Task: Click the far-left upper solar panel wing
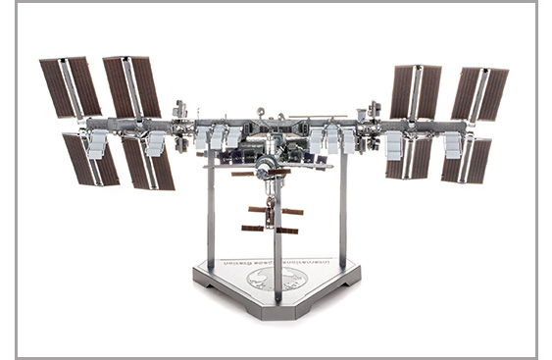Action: click(x=70, y=87)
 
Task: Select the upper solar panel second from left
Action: click(x=132, y=86)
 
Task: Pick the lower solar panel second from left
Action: click(x=148, y=162)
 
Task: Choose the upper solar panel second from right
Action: click(x=416, y=92)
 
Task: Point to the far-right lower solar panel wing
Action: click(x=465, y=160)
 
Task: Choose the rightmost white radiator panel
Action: click(x=452, y=145)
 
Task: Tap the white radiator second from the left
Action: click(x=155, y=144)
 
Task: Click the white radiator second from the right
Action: click(x=395, y=145)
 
